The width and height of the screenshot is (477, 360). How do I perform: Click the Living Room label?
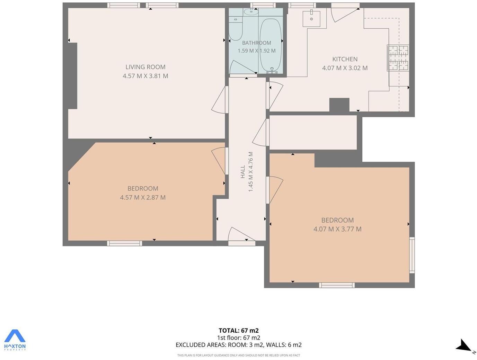click(145, 67)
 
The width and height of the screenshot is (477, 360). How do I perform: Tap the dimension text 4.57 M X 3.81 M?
click(145, 76)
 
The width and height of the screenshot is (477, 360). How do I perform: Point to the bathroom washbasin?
click(251, 12)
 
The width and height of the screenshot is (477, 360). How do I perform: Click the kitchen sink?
click(311, 19)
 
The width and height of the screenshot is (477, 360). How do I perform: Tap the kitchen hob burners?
click(398, 58)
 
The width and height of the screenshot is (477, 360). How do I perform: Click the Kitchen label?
click(345, 59)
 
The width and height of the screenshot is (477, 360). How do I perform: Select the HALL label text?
click(243, 172)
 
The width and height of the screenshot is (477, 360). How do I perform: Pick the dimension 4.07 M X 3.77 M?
click(337, 229)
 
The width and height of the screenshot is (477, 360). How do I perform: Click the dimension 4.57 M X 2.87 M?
click(143, 197)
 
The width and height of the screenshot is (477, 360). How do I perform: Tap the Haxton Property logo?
click(15, 340)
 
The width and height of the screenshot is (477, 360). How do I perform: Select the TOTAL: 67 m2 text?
click(238, 331)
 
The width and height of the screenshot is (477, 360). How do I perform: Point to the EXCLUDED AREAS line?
click(238, 345)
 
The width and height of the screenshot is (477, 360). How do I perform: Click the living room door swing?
click(220, 100)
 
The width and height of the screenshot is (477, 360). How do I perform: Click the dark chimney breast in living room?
click(73, 76)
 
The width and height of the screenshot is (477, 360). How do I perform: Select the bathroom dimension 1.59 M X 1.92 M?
click(256, 51)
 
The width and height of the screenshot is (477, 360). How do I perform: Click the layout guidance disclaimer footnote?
click(238, 355)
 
